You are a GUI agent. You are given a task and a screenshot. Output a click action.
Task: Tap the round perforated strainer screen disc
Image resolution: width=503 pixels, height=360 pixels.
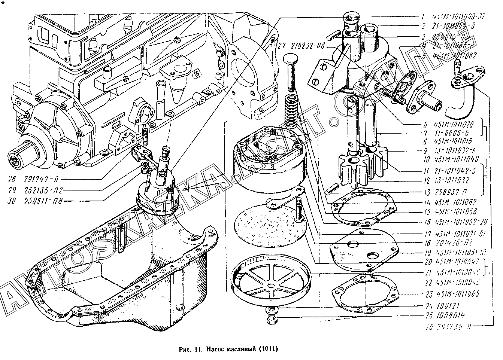click(x=270, y=228)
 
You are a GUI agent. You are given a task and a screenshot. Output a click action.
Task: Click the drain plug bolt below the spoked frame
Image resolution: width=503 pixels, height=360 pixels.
click(x=272, y=315)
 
